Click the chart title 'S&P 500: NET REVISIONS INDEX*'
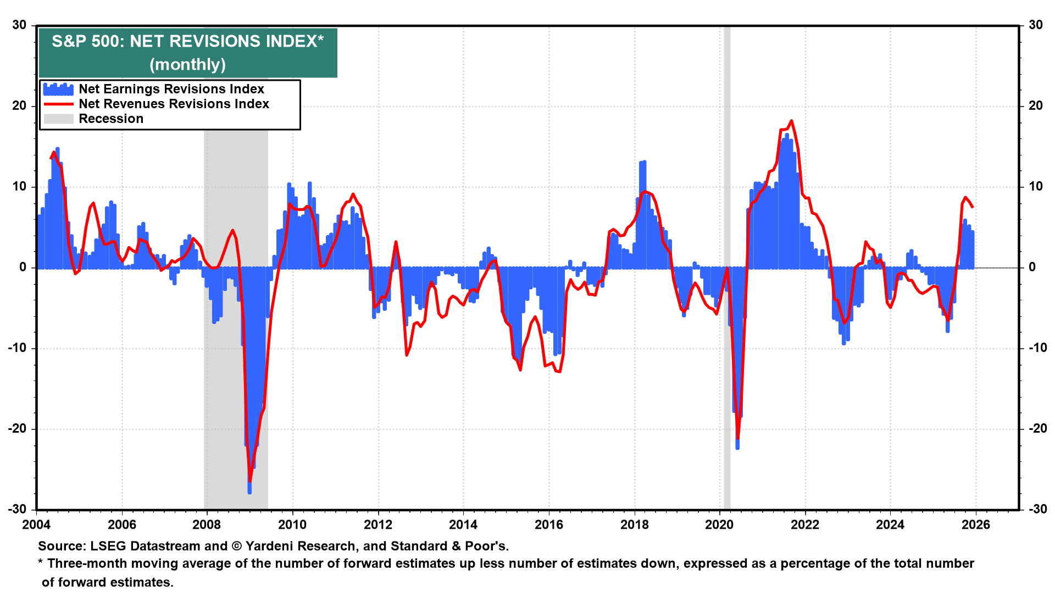187,42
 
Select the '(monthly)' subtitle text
187,65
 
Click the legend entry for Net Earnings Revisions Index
171,89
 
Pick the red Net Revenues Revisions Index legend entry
174,104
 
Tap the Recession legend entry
110,119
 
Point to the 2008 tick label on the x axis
207,525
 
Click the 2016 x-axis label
548,525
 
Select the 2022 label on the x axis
804,525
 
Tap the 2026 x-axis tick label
975,525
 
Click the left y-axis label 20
19,106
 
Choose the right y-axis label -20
1035,429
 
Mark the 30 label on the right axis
1036,25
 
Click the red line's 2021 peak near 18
791,121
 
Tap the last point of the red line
973,207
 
